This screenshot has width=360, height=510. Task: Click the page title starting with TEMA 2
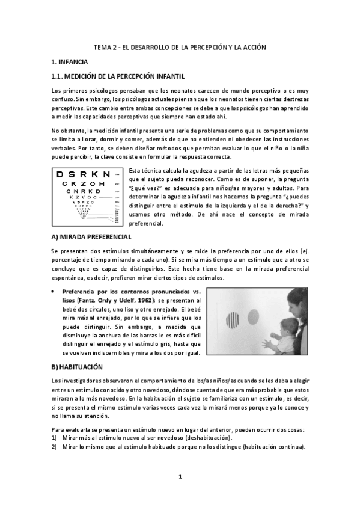[180, 47]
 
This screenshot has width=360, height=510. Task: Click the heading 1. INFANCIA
[70, 62]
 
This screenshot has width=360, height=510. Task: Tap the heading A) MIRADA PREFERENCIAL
[88, 236]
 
